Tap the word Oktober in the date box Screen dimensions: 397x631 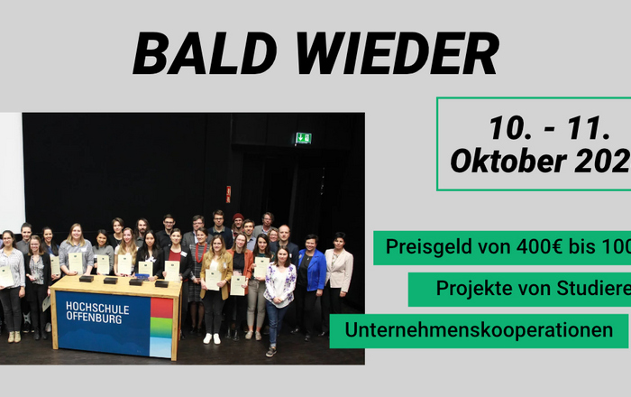click(501, 162)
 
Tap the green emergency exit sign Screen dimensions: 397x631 click(303, 138)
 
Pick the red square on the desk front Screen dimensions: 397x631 click(162, 309)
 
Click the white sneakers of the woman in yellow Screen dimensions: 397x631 click(212, 338)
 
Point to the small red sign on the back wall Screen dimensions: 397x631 click(228, 193)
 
